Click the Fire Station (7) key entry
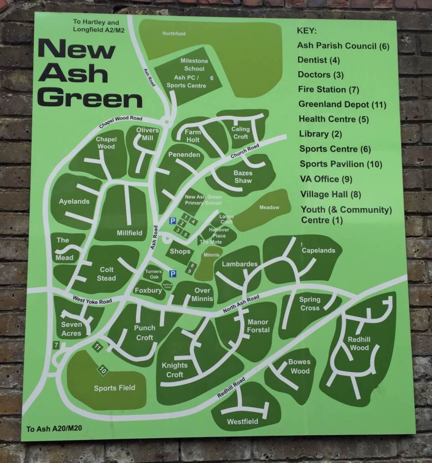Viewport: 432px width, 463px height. click(x=328, y=89)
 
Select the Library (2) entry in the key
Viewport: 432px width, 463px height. click(x=320, y=134)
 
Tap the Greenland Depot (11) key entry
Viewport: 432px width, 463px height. click(x=342, y=104)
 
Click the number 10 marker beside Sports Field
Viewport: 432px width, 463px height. click(x=102, y=371)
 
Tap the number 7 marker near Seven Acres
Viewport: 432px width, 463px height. click(x=56, y=345)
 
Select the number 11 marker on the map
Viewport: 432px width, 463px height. click(x=98, y=347)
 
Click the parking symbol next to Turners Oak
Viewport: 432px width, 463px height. click(x=172, y=273)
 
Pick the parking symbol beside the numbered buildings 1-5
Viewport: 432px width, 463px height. click(x=172, y=221)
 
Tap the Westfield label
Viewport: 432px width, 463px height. click(x=242, y=422)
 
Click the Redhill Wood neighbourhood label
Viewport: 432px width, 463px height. click(x=358, y=343)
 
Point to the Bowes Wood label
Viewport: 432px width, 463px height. click(x=300, y=366)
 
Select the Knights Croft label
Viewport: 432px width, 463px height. click(x=175, y=370)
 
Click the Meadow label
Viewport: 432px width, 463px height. click(x=269, y=207)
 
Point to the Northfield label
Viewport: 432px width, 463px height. click(x=174, y=34)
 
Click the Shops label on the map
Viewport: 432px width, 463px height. click(x=180, y=251)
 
